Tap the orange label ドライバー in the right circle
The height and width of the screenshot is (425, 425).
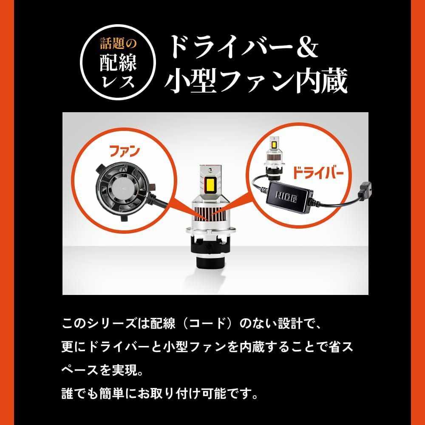317,173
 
